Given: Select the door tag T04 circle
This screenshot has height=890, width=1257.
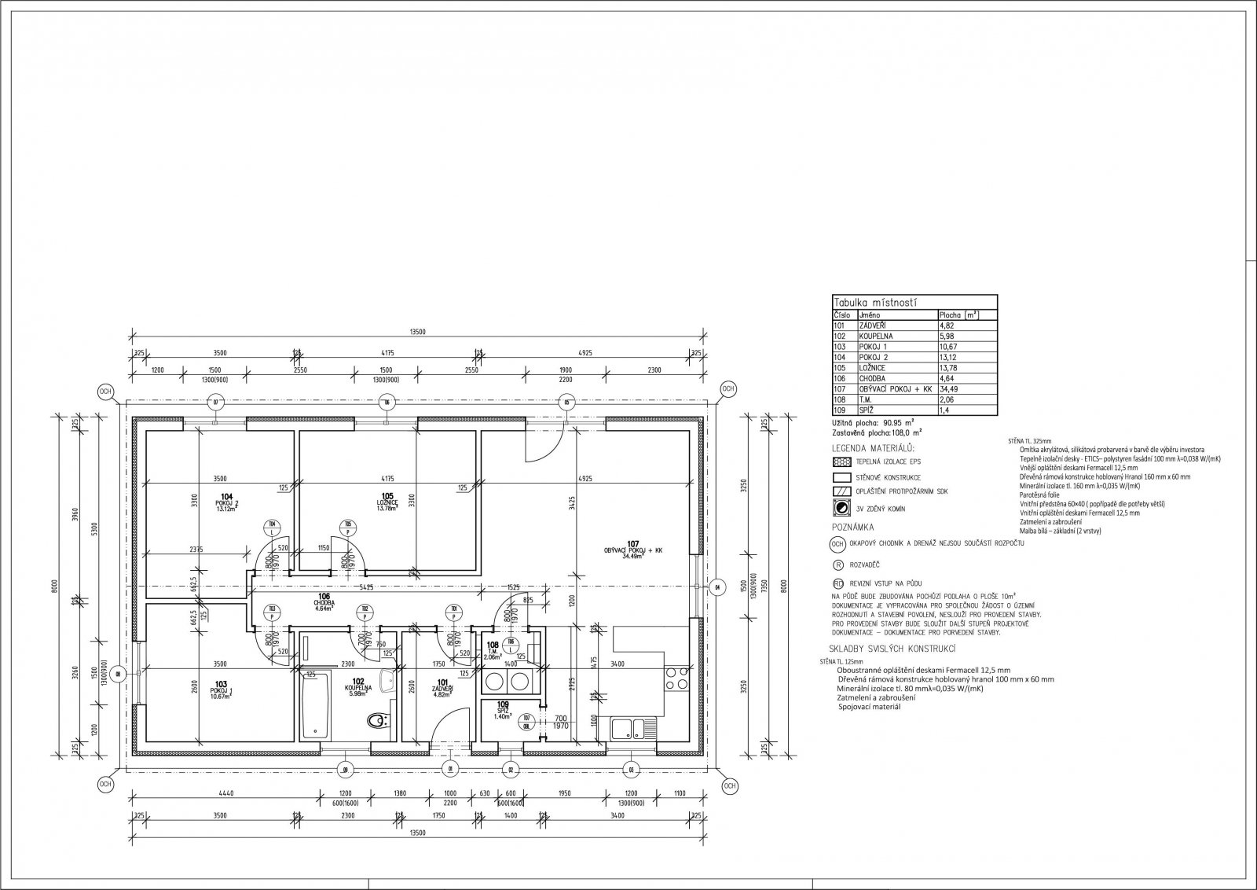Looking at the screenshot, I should [272, 524].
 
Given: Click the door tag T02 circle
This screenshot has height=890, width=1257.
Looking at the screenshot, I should [363, 609].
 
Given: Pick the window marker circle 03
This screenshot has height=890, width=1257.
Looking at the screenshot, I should [630, 769].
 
